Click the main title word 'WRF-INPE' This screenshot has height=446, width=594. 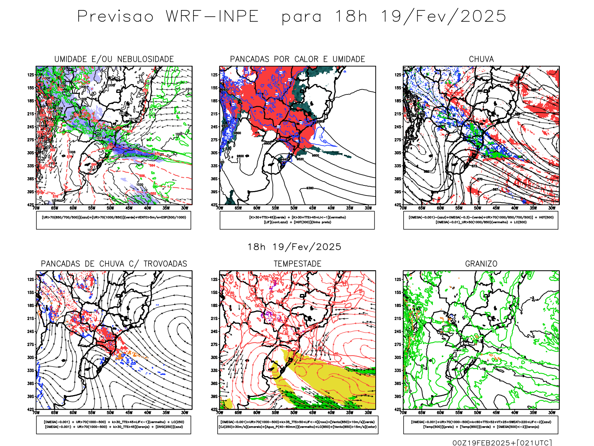(212, 16)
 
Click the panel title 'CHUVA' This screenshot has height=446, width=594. (481, 59)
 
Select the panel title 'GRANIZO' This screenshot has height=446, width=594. (481, 264)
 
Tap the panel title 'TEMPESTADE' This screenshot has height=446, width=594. (297, 264)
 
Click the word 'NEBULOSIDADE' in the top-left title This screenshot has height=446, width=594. (146, 59)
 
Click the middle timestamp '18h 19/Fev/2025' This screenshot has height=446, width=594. (294, 247)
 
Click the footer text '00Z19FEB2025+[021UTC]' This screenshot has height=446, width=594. (502, 442)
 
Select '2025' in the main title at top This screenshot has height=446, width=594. (483, 16)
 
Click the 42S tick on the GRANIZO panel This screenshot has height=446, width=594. (398, 409)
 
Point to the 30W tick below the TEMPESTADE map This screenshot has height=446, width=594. (368, 413)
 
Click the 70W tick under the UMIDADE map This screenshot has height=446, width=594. (36, 208)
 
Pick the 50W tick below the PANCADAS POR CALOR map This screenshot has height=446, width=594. (294, 208)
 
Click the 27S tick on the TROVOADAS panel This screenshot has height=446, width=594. (30, 345)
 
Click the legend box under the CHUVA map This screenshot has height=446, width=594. (481, 220)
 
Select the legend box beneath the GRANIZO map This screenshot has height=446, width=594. (481, 424)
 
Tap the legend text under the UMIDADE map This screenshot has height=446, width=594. (114, 217)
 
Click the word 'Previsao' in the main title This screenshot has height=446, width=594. (115, 16)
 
